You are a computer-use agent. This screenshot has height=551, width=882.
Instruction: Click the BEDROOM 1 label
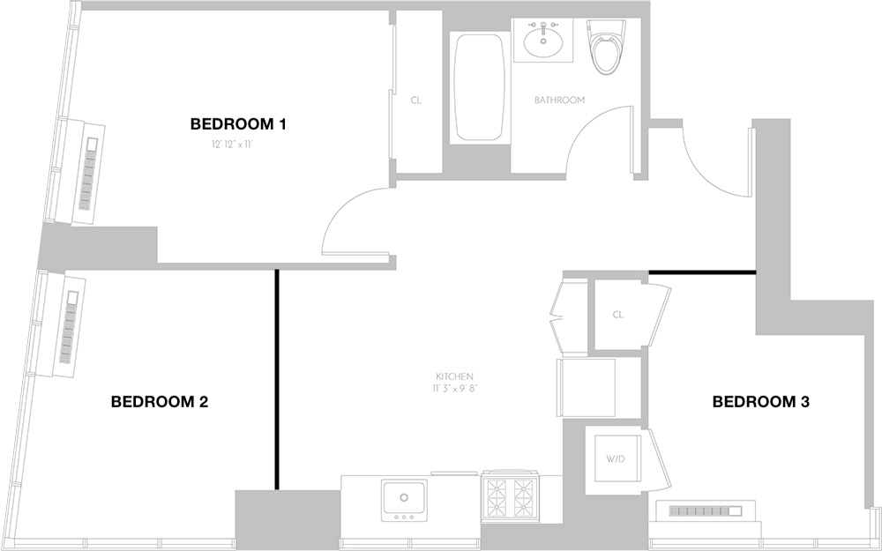pos(238,123)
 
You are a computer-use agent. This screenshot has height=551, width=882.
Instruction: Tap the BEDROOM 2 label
pos(159,402)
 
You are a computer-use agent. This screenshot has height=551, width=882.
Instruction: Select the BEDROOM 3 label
pos(760,402)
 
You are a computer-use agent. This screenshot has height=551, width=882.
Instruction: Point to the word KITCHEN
pos(454,376)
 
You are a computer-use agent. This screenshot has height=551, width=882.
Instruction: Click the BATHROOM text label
pos(559,101)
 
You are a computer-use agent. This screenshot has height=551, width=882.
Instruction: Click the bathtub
pos(479,87)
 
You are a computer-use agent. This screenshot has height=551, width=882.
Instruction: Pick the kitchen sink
pos(404,500)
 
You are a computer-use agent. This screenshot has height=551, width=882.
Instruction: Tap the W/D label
pos(615,458)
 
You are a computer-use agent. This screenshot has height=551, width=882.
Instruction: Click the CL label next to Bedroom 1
pos(415,101)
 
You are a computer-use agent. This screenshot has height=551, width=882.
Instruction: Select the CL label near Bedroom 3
pos(617,315)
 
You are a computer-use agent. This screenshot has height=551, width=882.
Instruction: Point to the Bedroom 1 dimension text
pos(232,145)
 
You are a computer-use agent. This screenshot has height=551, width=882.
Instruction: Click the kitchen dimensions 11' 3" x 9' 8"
pos(454,388)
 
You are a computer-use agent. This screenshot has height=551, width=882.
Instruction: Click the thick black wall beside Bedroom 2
pos(277,379)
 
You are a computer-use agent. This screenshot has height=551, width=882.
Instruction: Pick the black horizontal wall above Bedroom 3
pos(703,272)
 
